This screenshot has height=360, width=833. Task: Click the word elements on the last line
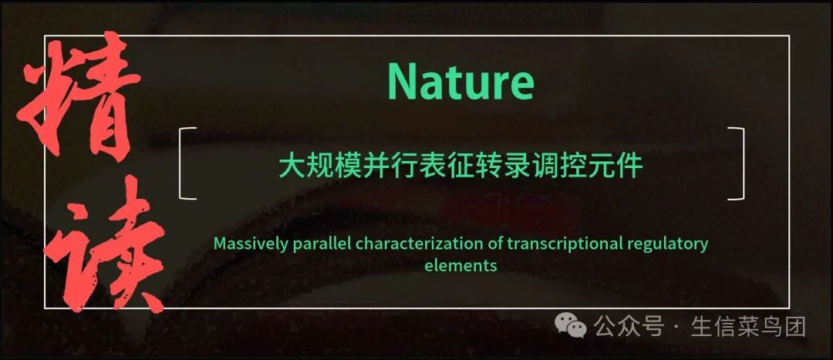[x=460, y=265]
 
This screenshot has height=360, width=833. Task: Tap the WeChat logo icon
[x=571, y=325]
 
